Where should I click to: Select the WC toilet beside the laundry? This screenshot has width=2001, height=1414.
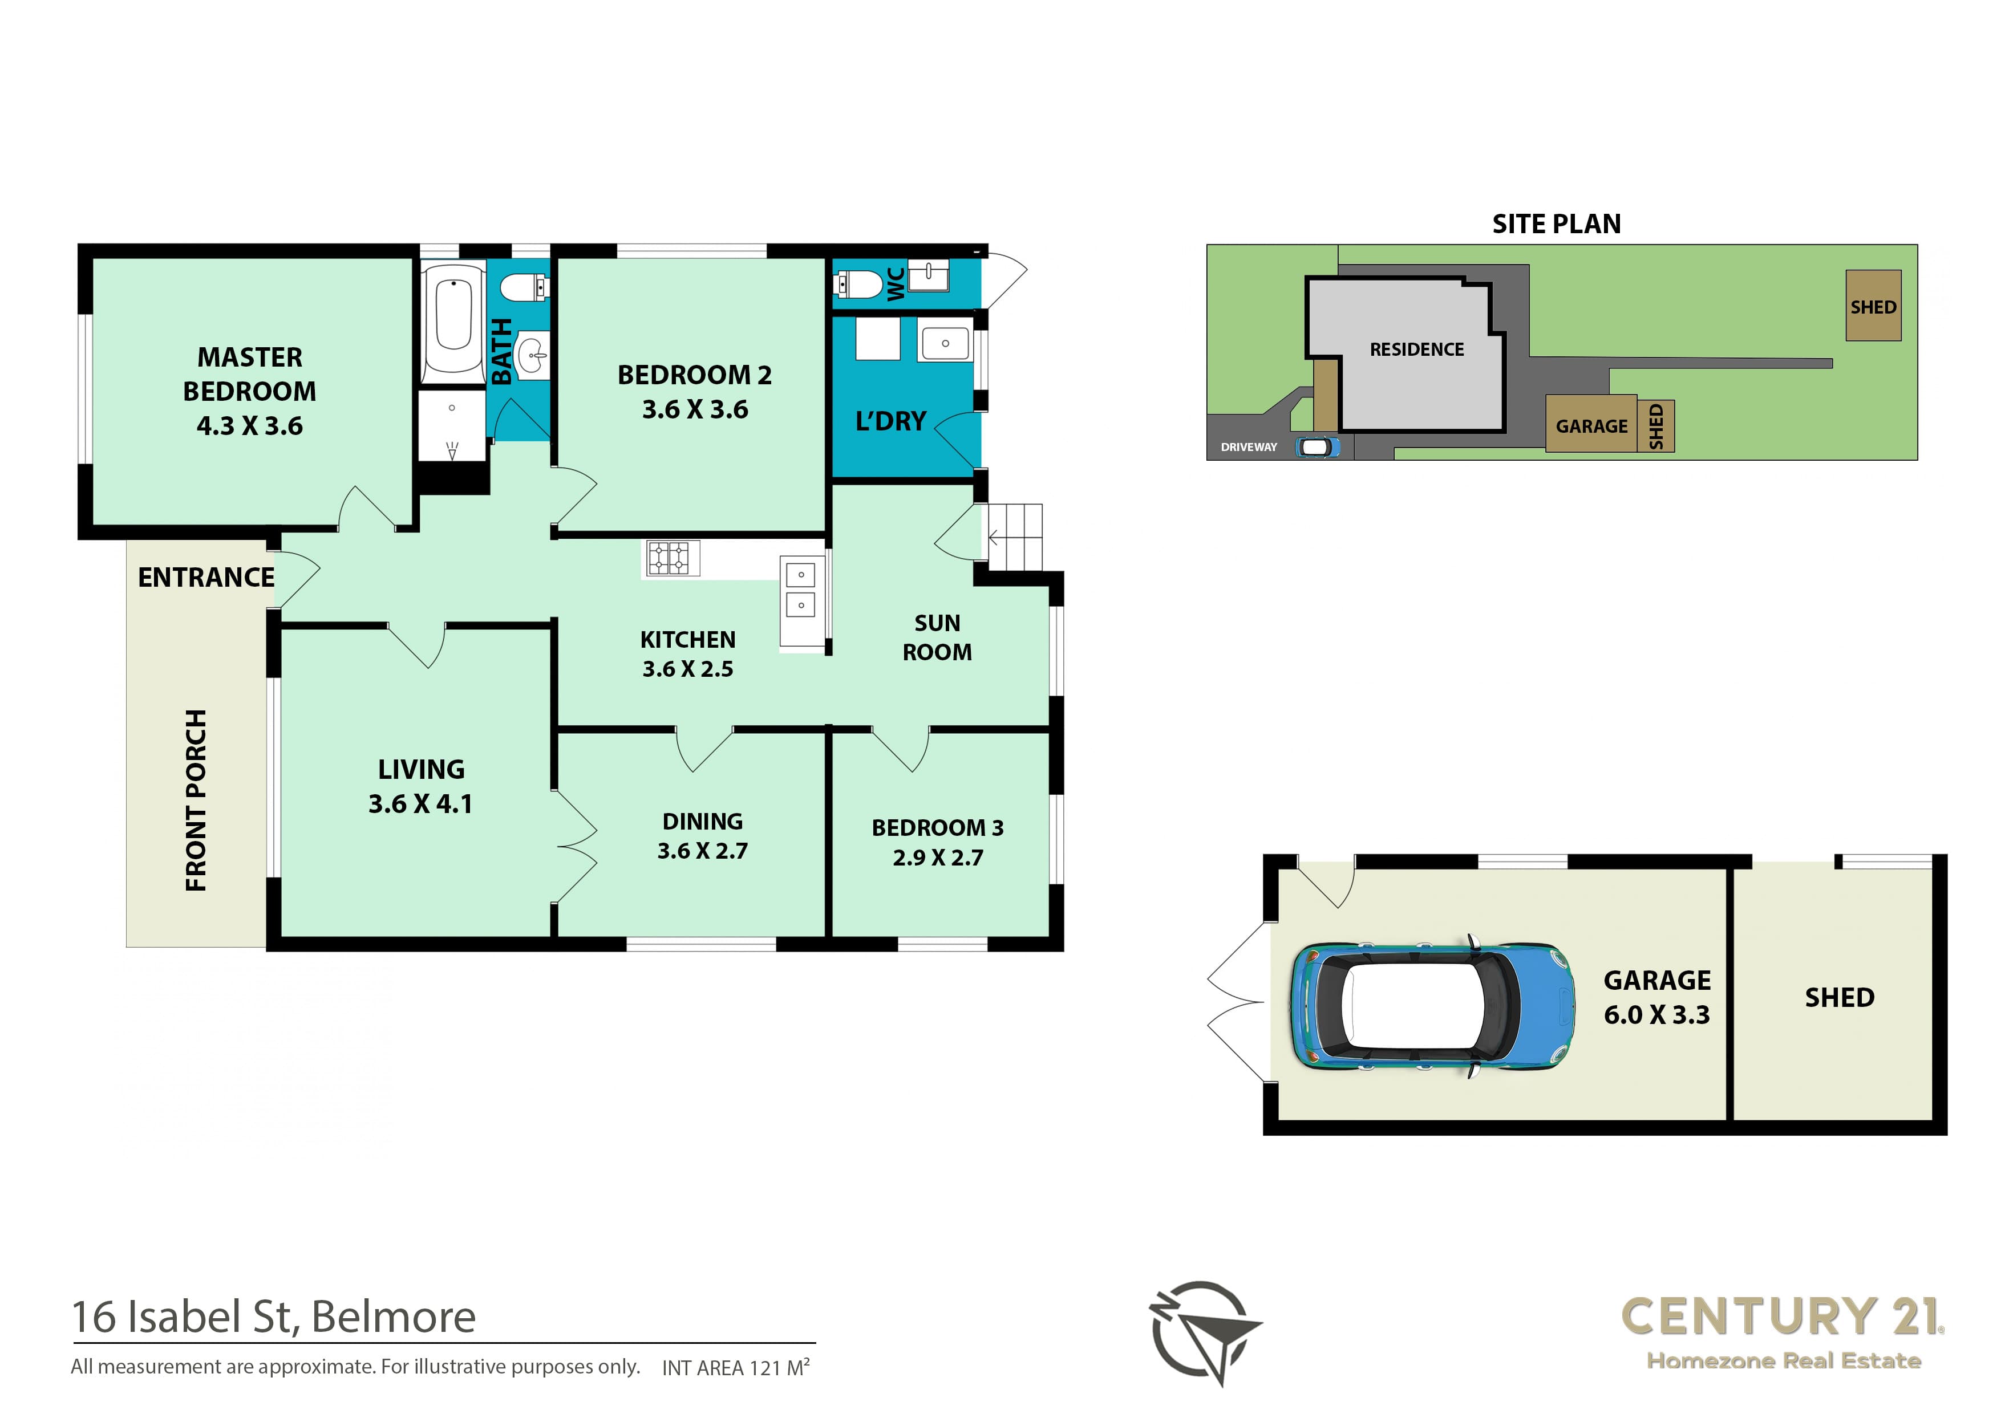click(858, 284)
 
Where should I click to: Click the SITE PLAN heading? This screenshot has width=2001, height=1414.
click(1557, 224)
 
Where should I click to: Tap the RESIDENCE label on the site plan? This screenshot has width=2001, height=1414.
click(1416, 350)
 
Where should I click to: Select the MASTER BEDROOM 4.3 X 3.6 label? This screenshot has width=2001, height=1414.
click(249, 391)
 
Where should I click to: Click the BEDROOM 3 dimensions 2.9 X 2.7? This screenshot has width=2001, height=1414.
click(938, 858)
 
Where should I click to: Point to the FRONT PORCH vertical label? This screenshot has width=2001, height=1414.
click(196, 800)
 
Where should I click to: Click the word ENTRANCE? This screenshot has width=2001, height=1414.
click(206, 577)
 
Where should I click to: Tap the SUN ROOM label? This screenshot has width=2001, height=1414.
click(937, 638)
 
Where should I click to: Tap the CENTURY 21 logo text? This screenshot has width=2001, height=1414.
click(1783, 1317)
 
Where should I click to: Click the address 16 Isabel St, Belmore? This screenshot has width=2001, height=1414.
click(274, 1317)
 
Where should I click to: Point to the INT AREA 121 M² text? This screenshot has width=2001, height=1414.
click(736, 1367)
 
